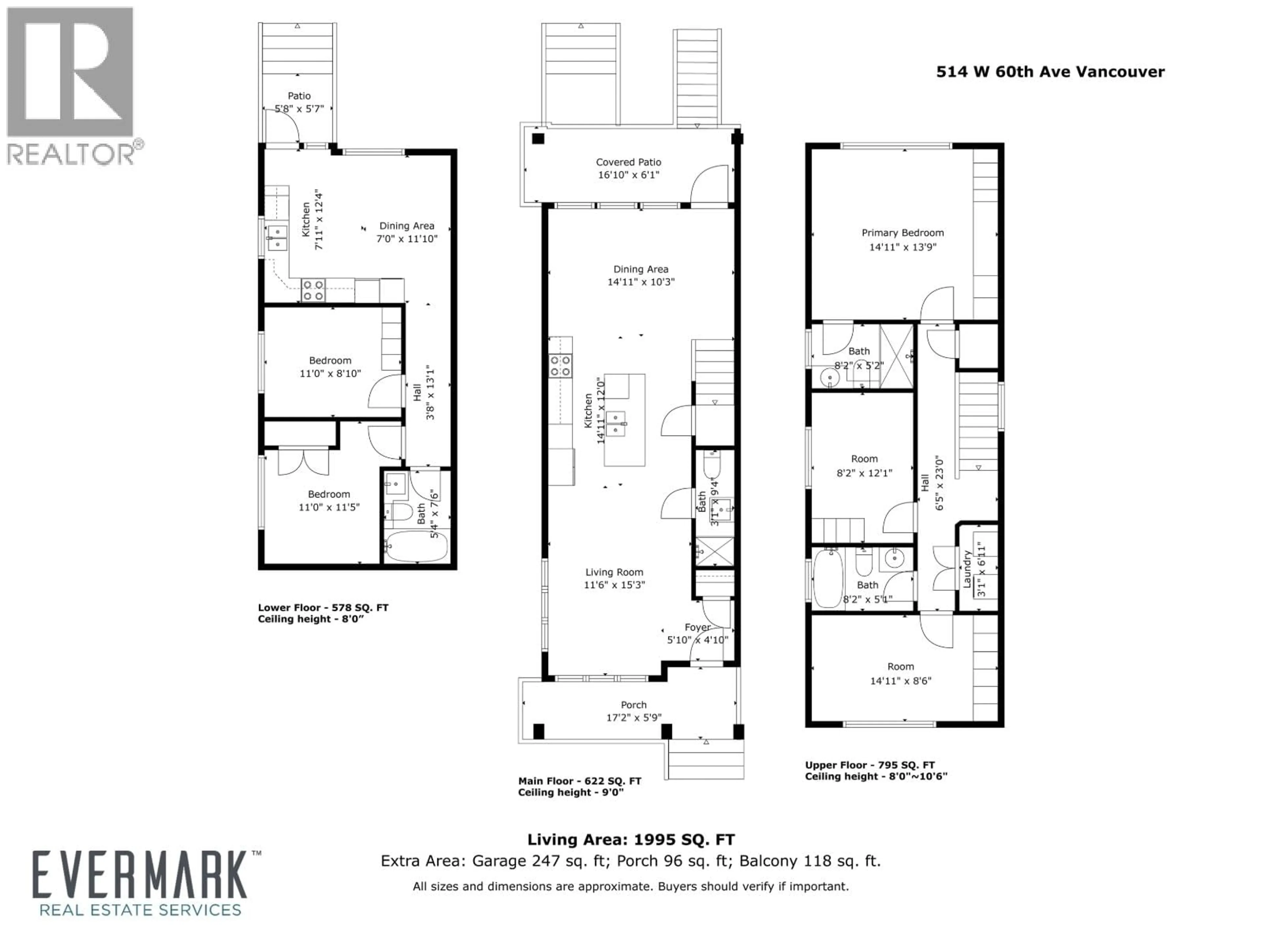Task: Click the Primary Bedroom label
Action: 902,233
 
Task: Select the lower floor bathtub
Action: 416,546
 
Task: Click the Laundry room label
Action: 967,569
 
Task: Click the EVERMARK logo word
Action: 140,876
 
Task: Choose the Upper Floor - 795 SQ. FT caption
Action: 870,765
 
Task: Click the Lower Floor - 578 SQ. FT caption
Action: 323,608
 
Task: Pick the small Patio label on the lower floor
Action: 299,96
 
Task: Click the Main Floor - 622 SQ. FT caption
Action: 579,781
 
